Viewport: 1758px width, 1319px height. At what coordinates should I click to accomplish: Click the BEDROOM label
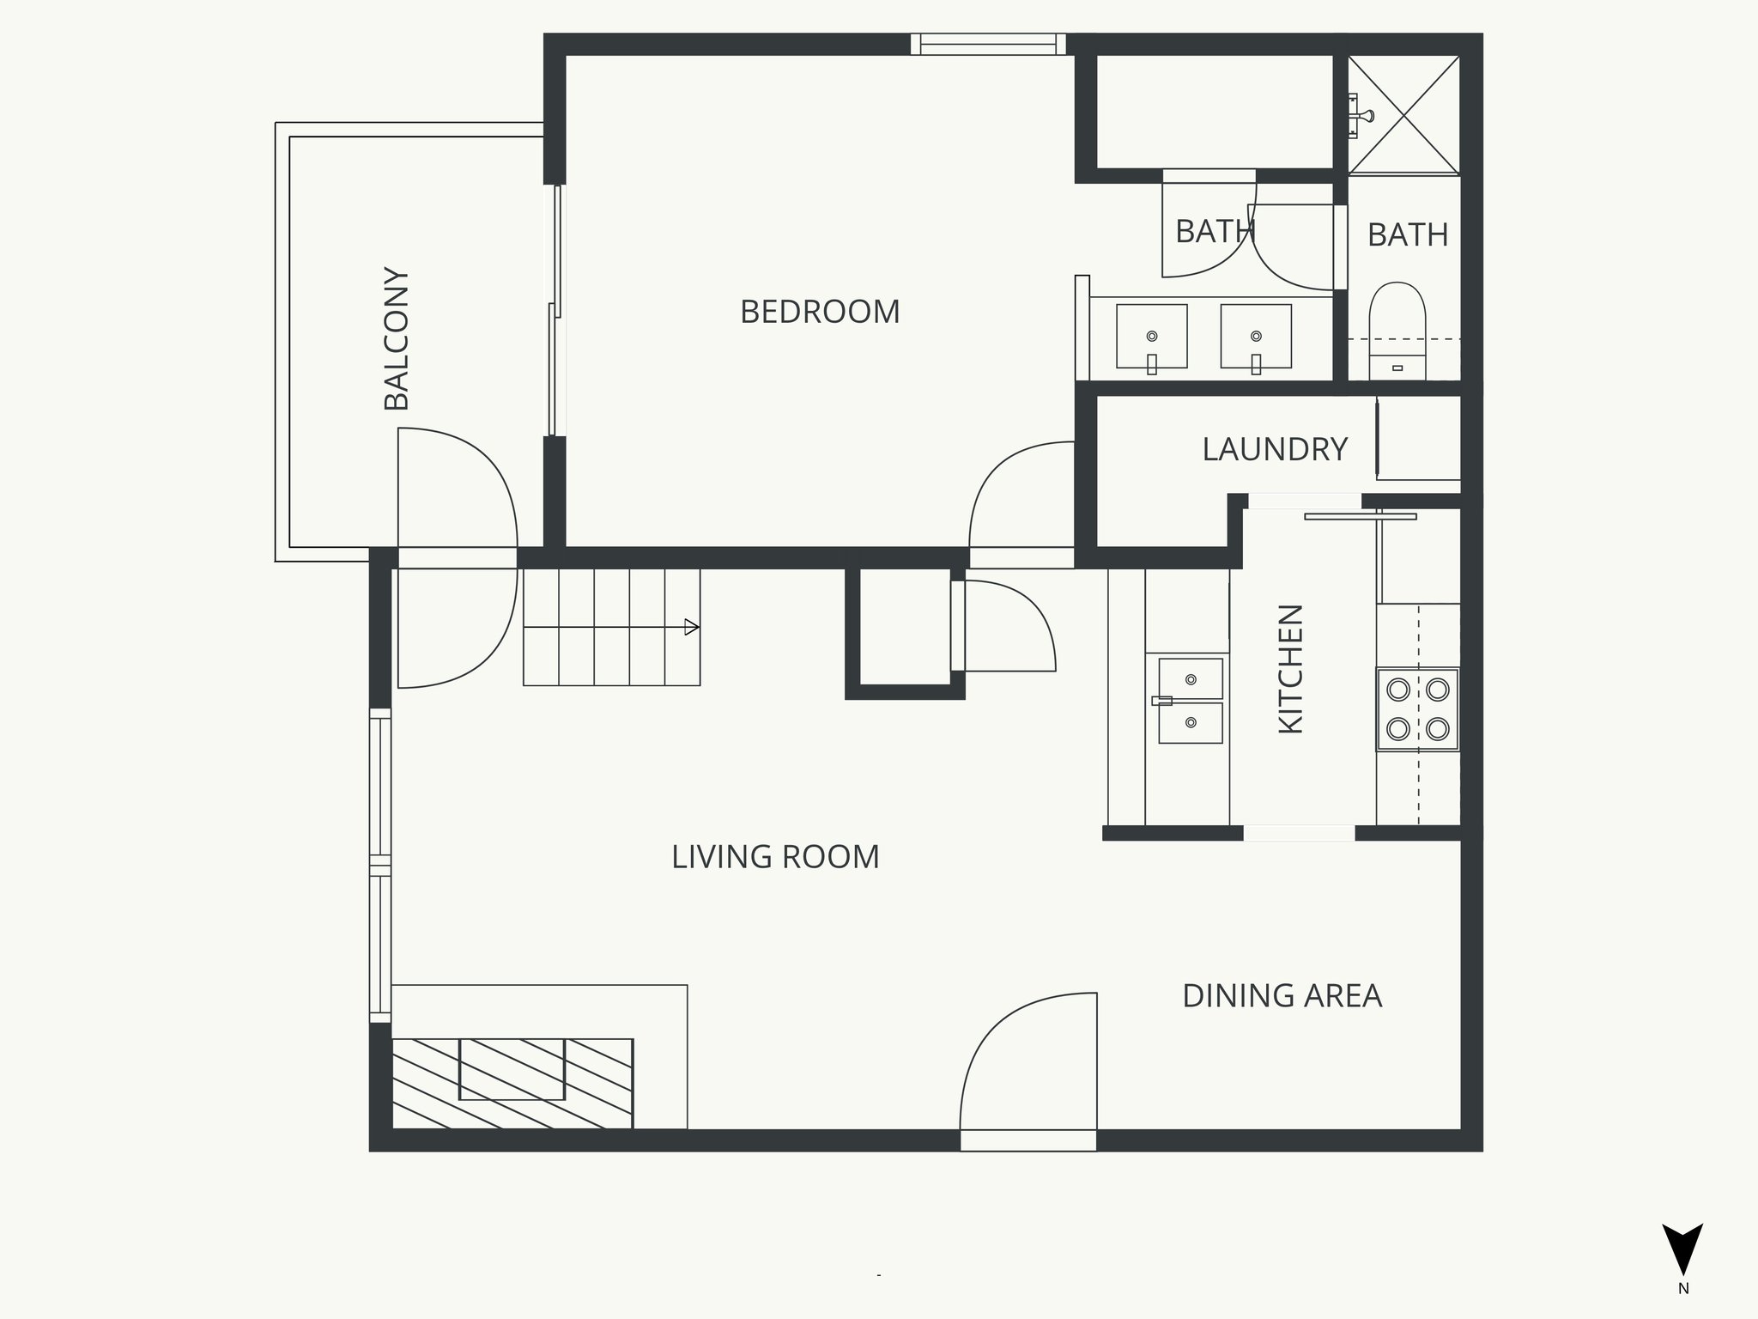820,312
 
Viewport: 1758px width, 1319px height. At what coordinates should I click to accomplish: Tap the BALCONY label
397,339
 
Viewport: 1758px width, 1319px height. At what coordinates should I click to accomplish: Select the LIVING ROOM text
775,857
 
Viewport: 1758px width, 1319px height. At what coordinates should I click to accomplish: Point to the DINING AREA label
1282,996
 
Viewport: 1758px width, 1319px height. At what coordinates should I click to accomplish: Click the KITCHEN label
1291,669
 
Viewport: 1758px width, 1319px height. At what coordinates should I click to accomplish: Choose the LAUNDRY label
1275,450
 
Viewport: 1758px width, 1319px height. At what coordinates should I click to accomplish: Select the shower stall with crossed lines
1403,114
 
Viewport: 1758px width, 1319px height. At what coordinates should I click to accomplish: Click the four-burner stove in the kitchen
1417,709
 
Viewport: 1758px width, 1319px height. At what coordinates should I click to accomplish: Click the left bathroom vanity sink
1151,337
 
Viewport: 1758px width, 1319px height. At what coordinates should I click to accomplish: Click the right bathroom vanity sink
1256,337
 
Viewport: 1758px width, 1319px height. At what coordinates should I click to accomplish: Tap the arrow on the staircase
690,628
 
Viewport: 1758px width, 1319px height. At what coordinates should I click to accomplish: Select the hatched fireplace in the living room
512,1083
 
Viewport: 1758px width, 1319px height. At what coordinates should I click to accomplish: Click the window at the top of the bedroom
987,44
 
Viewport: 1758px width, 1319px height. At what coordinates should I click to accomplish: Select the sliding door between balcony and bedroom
556,309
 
